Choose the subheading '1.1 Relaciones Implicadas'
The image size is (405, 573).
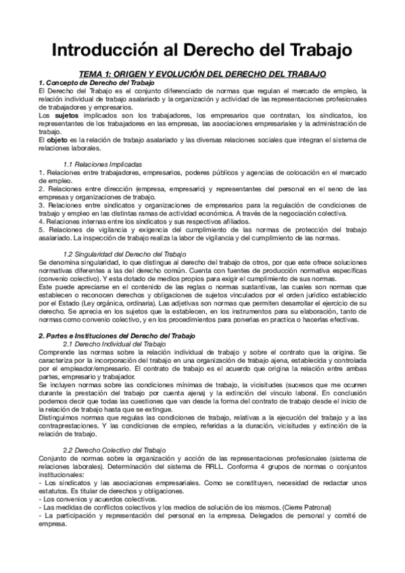102,164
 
